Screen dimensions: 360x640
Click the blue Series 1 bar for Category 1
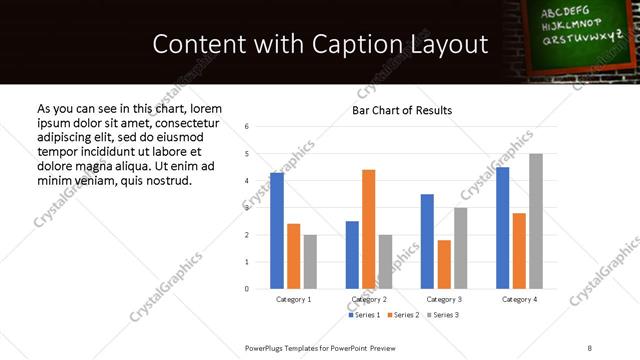[x=277, y=231]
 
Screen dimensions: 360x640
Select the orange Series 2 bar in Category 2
[x=368, y=229]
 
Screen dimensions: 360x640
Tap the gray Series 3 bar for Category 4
[x=536, y=221]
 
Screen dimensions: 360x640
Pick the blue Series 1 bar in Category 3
[x=427, y=241]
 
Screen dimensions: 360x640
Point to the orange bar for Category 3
[x=444, y=264]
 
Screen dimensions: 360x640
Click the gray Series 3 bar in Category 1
[x=310, y=262]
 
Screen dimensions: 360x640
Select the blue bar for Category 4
[x=503, y=228]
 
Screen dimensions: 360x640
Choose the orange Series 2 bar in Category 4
[x=519, y=251]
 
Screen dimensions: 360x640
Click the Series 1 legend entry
[x=365, y=315]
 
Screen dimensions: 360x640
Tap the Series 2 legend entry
[x=404, y=315]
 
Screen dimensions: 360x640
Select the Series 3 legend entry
[x=442, y=315]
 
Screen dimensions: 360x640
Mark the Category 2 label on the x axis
[x=369, y=299]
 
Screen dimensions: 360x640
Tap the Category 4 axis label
[x=519, y=299]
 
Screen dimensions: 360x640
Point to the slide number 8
[x=589, y=347]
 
